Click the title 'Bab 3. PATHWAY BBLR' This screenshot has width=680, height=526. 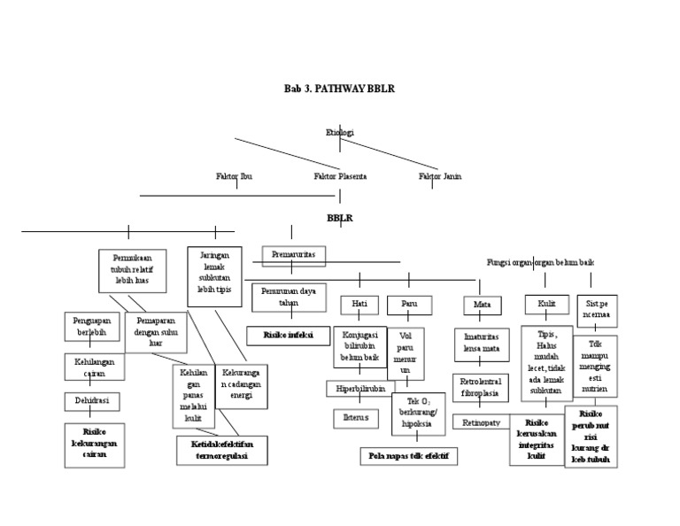point(339,90)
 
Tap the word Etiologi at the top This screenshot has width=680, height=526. point(339,133)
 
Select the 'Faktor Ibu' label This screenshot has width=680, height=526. point(234,176)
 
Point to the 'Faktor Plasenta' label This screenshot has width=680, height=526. point(340,176)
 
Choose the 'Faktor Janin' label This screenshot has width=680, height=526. point(440,176)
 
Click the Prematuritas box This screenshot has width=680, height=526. point(294,255)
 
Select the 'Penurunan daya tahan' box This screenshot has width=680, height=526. point(290,297)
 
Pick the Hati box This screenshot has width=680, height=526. point(359,305)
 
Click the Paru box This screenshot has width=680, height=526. point(409,305)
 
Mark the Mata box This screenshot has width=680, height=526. point(483,306)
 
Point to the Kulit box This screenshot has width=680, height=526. point(546,305)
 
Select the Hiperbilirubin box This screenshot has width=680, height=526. point(359,389)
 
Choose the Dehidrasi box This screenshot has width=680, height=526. point(92,402)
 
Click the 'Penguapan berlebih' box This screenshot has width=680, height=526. point(92,327)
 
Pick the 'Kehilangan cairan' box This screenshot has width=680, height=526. point(93,366)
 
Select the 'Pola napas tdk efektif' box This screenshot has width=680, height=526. point(414,456)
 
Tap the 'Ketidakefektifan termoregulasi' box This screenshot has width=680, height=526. point(214,450)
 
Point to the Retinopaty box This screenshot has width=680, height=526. point(481,423)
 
